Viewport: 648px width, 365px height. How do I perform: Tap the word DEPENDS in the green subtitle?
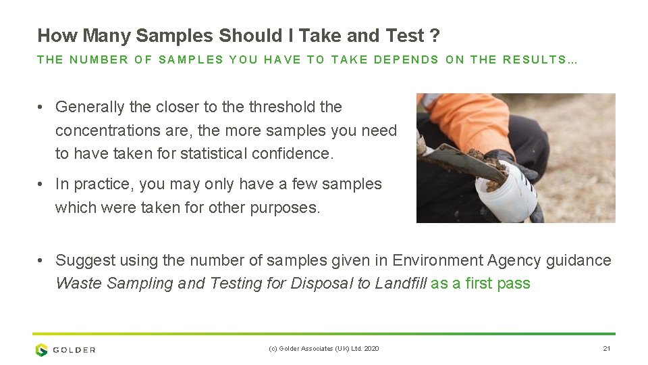[406, 59]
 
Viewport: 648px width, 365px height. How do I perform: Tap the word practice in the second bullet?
[101, 184]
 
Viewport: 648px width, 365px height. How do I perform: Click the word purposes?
[285, 208]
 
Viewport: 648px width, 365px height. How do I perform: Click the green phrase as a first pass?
[481, 283]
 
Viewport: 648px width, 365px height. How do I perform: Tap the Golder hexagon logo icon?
[42, 349]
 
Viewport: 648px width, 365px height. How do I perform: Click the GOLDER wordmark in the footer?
[74, 349]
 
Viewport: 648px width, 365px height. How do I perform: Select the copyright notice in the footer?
[324, 349]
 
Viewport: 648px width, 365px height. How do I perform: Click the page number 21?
[605, 349]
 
